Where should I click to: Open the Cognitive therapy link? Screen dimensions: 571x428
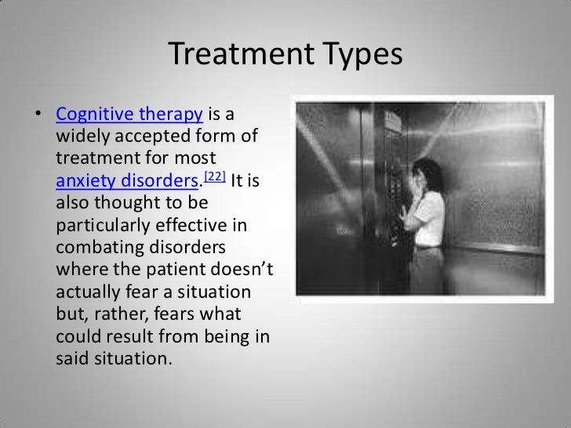coord(129,114)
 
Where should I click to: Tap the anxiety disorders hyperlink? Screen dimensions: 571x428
coord(127,180)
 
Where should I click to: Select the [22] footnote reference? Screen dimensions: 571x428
coord(215,176)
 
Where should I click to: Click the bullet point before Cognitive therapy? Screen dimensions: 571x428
coord(38,114)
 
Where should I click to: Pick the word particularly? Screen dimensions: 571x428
coord(103,226)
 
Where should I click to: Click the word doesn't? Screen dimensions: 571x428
coord(242,270)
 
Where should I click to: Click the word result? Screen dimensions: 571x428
coord(129,336)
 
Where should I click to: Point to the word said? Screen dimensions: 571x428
coord(72,358)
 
